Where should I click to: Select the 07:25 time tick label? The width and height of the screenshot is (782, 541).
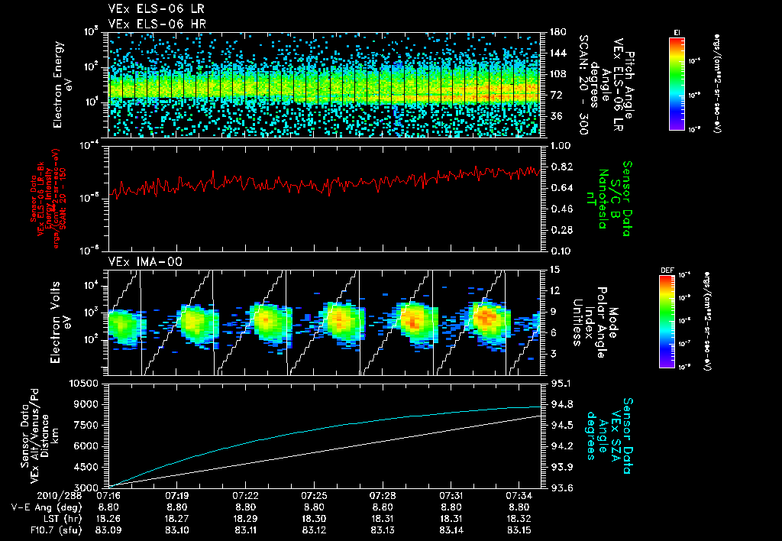[x=315, y=495]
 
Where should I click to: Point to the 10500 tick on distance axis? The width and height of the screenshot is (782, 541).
[x=86, y=383]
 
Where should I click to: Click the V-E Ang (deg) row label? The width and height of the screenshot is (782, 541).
[x=38, y=506]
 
